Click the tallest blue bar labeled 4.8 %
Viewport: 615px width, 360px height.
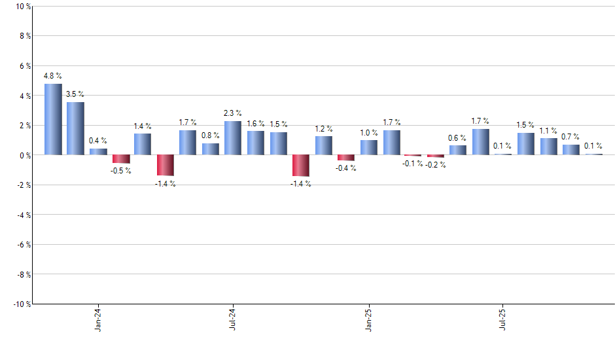[53, 119]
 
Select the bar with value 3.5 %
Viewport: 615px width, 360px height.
[75, 128]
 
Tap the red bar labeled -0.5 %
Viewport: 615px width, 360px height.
[120, 159]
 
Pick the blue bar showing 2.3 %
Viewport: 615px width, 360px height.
[233, 138]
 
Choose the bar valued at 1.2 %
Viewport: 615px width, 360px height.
[323, 145]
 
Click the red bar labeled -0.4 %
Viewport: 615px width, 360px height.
[345, 158]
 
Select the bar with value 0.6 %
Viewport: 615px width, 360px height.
[458, 150]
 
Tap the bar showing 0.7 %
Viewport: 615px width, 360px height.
[571, 149]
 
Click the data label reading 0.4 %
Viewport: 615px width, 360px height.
[98, 141]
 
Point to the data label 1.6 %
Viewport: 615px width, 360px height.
[256, 123]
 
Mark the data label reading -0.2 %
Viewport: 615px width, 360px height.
[435, 165]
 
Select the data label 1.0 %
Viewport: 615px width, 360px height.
[368, 132]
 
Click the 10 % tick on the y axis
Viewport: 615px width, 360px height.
[22, 7]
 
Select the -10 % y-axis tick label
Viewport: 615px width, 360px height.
[21, 304]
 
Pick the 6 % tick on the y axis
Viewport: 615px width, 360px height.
[24, 66]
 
